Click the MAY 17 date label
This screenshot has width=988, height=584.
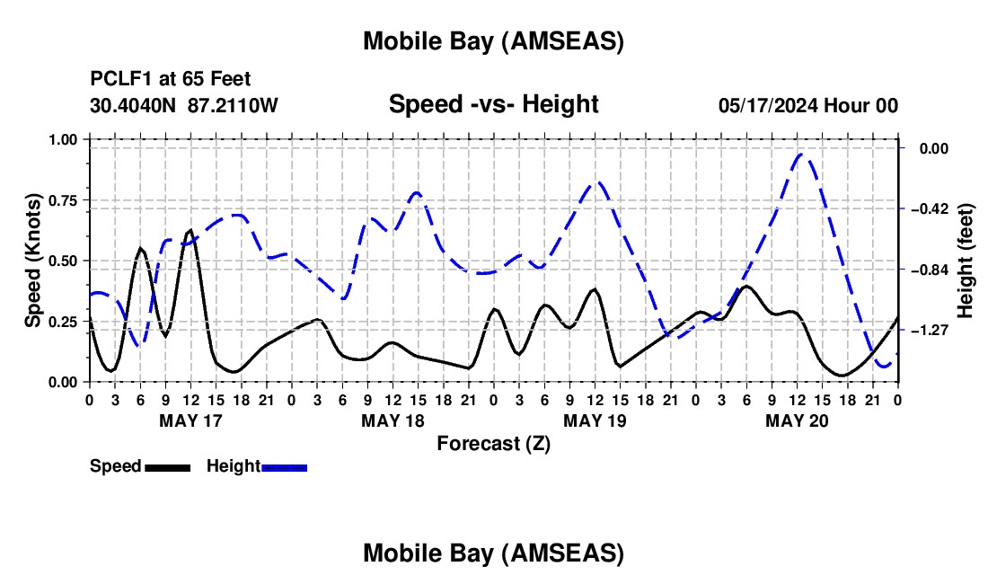190,420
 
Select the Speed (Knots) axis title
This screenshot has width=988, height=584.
33,261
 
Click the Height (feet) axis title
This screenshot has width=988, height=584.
966,261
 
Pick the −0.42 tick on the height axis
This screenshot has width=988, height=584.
928,208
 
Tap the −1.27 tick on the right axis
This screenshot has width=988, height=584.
928,331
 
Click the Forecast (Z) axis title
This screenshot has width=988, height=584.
492,442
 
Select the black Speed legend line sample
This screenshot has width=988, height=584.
167,466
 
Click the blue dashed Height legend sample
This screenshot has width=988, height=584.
285,466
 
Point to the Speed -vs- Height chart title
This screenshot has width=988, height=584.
493,104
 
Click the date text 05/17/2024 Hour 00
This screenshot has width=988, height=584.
808,106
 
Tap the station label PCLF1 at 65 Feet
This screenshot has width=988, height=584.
171,79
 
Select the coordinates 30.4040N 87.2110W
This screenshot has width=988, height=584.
184,106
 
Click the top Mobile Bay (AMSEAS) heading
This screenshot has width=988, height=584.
493,40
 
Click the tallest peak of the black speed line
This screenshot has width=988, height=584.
190,231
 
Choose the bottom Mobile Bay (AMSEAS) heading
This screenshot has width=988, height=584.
493,553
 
